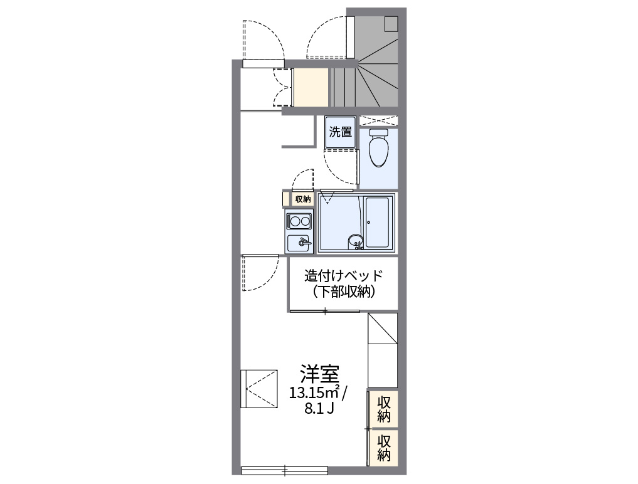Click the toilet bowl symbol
[x=378, y=149]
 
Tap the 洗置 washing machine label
[x=341, y=132]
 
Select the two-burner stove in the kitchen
[x=299, y=221]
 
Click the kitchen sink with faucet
[x=299, y=242]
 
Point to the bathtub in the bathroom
[x=378, y=222]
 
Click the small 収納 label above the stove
[x=302, y=199]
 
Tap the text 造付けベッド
[x=343, y=275]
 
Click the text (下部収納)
[x=343, y=292]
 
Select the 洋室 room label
[x=319, y=374]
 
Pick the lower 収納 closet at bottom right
[x=384, y=448]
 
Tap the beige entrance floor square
[x=311, y=87]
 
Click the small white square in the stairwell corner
[x=391, y=23]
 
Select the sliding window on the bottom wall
[x=284, y=469]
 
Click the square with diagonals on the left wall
[x=258, y=388]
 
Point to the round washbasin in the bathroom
[x=356, y=239]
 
